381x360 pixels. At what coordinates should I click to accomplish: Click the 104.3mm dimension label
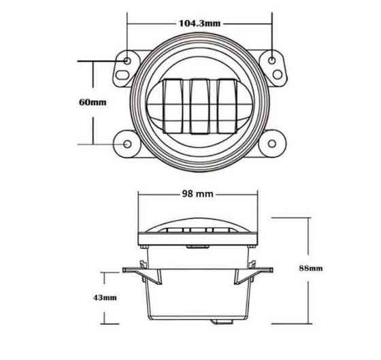click(200, 22)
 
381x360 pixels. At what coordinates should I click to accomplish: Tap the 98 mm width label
click(199, 194)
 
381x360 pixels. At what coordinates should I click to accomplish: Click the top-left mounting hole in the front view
click(127, 61)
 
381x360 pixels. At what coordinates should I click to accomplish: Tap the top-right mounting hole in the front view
click(273, 61)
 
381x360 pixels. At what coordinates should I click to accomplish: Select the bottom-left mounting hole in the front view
click(127, 144)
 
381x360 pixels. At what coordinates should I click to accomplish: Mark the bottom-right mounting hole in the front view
click(273, 144)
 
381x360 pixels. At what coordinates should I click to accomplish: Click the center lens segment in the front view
click(199, 103)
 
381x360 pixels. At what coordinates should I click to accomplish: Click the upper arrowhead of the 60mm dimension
click(93, 63)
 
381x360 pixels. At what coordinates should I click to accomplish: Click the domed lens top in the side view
click(199, 225)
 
